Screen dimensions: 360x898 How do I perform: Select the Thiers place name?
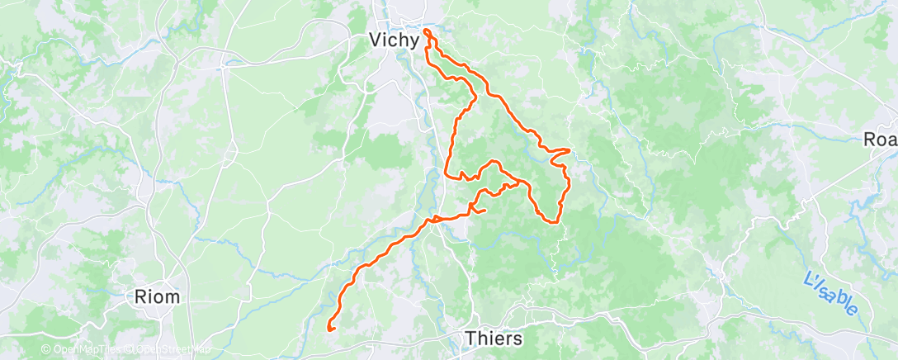494,339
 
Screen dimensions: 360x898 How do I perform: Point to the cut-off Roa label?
880,140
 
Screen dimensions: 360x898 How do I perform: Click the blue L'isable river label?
830,293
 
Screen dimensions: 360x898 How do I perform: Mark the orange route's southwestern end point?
330,329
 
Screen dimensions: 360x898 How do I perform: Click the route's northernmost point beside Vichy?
427,31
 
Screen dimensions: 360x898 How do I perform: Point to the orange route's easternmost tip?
570,150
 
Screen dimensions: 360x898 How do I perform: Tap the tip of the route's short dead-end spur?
484,210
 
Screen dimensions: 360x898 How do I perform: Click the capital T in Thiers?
470,339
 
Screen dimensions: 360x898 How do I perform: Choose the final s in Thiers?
517,339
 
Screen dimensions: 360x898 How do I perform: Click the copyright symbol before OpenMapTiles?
47,350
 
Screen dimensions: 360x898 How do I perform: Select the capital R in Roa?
869,140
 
